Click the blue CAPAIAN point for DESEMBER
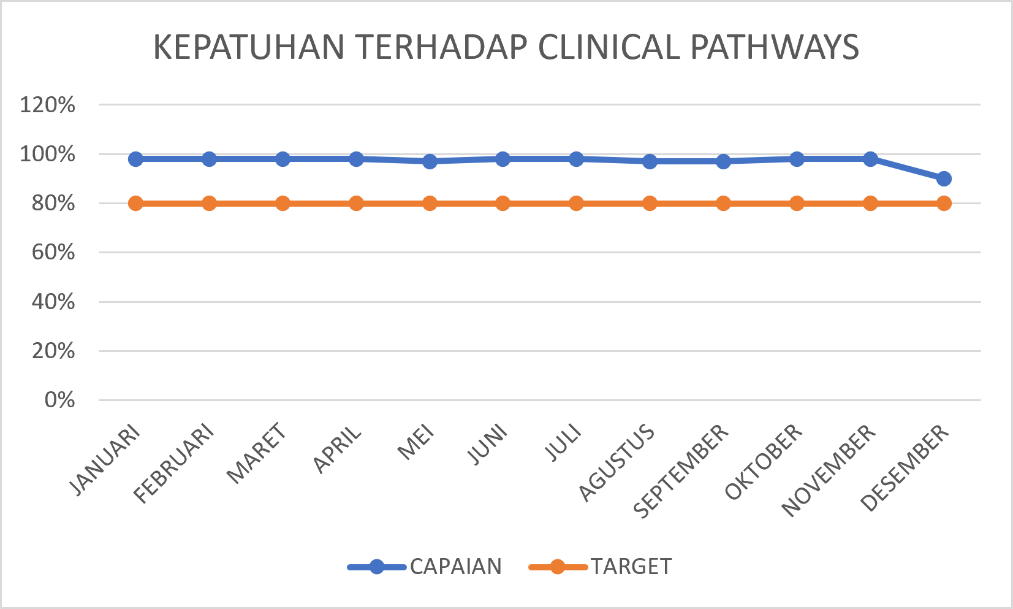click(x=943, y=178)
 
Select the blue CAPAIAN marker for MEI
click(x=430, y=161)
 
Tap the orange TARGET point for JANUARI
click(x=135, y=203)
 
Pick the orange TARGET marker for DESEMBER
click(x=943, y=203)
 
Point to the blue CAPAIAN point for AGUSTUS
click(x=650, y=161)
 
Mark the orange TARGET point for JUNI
click(x=503, y=203)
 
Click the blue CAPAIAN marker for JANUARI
click(x=135, y=159)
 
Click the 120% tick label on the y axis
click(x=47, y=105)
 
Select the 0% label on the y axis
click(x=59, y=400)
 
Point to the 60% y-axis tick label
click(x=53, y=253)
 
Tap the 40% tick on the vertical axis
click(x=53, y=302)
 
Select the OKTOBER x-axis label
click(x=764, y=461)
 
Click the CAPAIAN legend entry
click(x=425, y=567)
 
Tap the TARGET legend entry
click(x=601, y=567)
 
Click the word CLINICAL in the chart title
click(x=609, y=47)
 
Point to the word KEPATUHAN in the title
click(x=249, y=47)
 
